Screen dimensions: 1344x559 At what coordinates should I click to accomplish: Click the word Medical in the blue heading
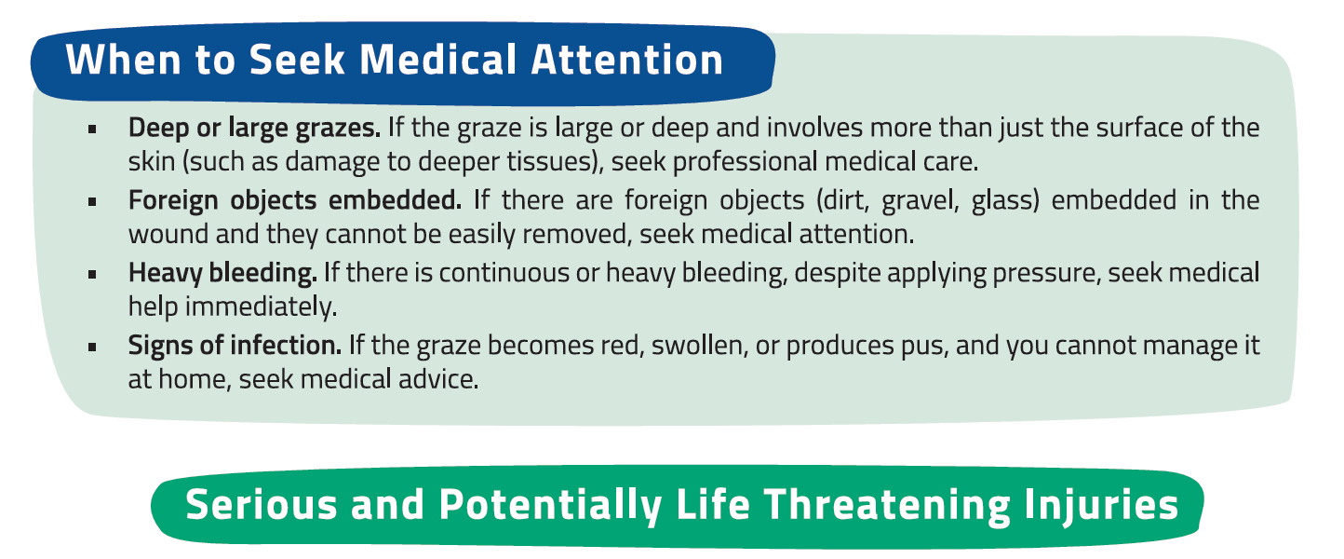(x=437, y=60)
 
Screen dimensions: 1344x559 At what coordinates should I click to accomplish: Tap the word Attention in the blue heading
(x=627, y=60)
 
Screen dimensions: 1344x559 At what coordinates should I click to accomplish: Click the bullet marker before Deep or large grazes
(x=92, y=129)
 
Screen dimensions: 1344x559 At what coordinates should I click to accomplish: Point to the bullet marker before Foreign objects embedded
(x=92, y=202)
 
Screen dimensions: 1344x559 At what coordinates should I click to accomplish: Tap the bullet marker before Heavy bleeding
(x=92, y=275)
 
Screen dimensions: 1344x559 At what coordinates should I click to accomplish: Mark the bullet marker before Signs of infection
(x=92, y=348)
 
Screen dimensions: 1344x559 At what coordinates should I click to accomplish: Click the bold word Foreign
(x=173, y=201)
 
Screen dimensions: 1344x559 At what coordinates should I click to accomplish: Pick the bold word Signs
(x=160, y=347)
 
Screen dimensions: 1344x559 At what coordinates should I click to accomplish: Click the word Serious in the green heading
(x=262, y=504)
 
